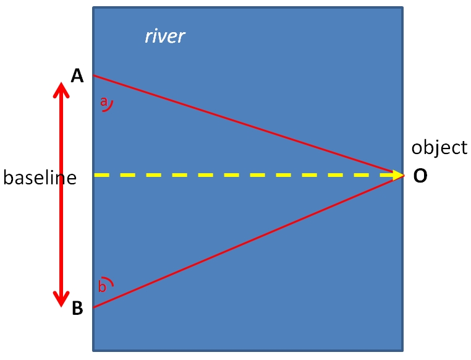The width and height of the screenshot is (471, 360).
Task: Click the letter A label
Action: (x=77, y=76)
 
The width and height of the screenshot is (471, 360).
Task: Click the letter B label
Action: (x=77, y=307)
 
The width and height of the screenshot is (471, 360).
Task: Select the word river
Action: (x=165, y=36)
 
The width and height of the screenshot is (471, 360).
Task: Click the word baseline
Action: (x=40, y=178)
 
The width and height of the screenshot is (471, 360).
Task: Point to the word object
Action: (x=439, y=147)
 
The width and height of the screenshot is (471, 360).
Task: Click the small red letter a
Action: (x=104, y=100)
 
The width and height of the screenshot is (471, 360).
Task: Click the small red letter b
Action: (x=103, y=286)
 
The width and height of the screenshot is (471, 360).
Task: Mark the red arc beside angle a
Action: (x=109, y=107)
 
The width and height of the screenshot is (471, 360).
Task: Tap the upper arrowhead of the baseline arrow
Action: (x=61, y=90)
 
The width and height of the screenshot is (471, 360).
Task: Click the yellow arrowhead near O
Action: (x=398, y=175)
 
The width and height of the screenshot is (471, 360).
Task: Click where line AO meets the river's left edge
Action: (x=93, y=75)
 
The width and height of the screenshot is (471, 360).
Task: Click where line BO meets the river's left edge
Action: (x=93, y=307)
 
